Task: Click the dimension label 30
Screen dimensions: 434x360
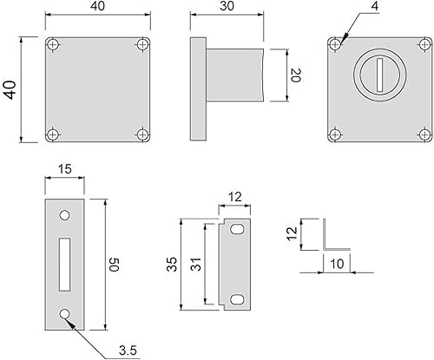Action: [x=227, y=6]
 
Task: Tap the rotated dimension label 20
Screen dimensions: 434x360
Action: [x=296, y=75]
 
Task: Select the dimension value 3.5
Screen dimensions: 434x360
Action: [x=128, y=350]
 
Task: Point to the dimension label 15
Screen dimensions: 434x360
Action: [x=64, y=169]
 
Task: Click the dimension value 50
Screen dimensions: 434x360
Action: [x=115, y=265]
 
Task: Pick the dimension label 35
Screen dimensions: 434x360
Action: [x=172, y=265]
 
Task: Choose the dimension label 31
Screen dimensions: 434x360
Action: [x=196, y=264]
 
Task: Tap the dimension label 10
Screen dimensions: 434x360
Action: [x=337, y=264]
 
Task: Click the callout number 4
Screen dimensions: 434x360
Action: [x=375, y=6]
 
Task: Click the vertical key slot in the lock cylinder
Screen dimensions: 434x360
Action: [x=380, y=75]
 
